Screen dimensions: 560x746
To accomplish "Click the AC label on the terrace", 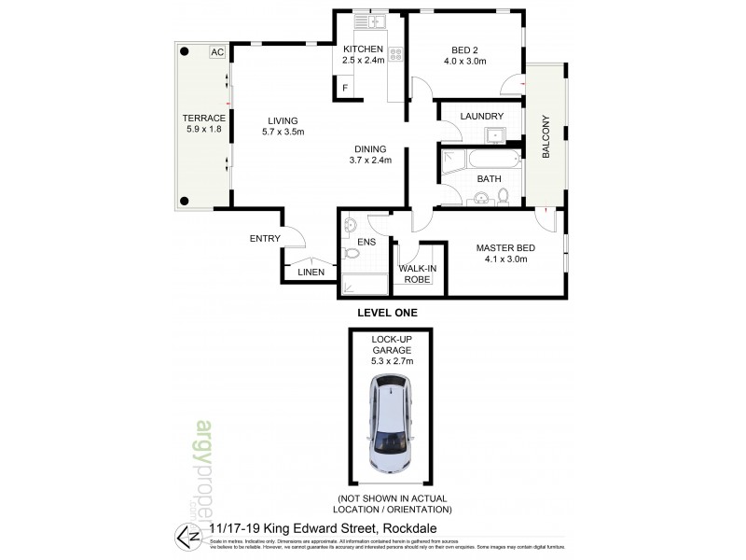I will tap(216, 53).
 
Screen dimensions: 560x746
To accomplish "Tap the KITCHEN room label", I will tap(363, 49).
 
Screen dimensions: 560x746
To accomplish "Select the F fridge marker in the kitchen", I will tap(345, 89).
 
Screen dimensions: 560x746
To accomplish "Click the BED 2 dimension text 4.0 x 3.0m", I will tap(465, 62).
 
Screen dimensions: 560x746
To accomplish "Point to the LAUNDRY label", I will tap(482, 117).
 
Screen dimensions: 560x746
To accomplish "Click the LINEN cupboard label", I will tap(311, 273).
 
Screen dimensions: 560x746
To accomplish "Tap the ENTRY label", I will tap(265, 239).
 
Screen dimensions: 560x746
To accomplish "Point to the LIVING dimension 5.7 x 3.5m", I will tap(283, 132).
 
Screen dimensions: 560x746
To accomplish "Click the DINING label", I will tap(370, 147).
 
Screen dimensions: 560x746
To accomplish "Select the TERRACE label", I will tap(203, 118).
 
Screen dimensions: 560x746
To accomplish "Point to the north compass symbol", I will tap(186, 533).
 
